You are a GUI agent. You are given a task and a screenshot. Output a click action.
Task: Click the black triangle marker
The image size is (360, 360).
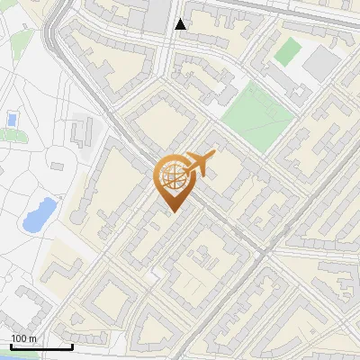(x=181, y=24)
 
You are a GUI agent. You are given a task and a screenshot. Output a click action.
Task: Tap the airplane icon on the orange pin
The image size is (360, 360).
(x=198, y=164)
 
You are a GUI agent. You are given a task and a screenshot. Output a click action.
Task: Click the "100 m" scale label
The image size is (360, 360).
(x=23, y=338)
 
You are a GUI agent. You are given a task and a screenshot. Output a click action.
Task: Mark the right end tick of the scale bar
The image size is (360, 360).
(x=72, y=346)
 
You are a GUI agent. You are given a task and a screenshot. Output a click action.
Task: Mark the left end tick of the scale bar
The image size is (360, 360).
(x=10, y=346)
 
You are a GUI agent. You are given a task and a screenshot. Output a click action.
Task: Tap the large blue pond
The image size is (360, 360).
(x=38, y=214)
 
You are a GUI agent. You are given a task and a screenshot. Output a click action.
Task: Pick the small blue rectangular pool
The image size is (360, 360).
(x=12, y=118)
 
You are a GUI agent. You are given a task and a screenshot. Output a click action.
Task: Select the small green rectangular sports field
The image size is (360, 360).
(x=288, y=50)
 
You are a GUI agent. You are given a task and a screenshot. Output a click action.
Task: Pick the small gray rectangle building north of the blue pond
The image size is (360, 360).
(x=60, y=166)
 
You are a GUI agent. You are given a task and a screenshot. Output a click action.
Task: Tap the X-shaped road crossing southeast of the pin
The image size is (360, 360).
(x=268, y=255)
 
